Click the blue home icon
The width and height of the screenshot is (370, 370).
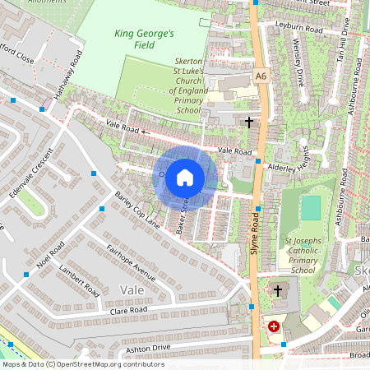coord(185,177)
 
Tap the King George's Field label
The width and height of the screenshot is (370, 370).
coord(144,40)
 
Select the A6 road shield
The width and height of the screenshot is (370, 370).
coord(261,76)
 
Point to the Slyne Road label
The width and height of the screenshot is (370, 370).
coord(256,234)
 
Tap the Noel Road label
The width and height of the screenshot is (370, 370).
coord(50,257)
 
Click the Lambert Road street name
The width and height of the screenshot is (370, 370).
coord(80,281)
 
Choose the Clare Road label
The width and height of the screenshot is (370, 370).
coord(128,312)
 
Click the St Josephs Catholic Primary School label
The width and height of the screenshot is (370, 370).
coord(302,255)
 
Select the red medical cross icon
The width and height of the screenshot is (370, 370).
coord(273,326)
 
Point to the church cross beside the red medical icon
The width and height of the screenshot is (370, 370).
coord(278,290)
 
